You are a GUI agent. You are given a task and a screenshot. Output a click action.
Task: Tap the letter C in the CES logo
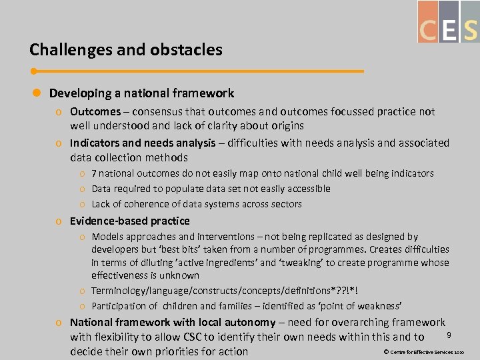click(427, 30)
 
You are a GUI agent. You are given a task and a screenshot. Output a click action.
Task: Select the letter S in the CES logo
click(470, 30)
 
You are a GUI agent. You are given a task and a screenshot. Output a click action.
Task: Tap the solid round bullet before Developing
click(37, 94)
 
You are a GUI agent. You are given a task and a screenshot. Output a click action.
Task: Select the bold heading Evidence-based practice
click(130, 221)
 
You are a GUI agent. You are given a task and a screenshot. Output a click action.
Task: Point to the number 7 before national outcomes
click(95, 173)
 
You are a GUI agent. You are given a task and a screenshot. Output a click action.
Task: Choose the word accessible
click(306, 189)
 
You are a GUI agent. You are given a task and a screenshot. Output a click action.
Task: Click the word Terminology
click(120, 291)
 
